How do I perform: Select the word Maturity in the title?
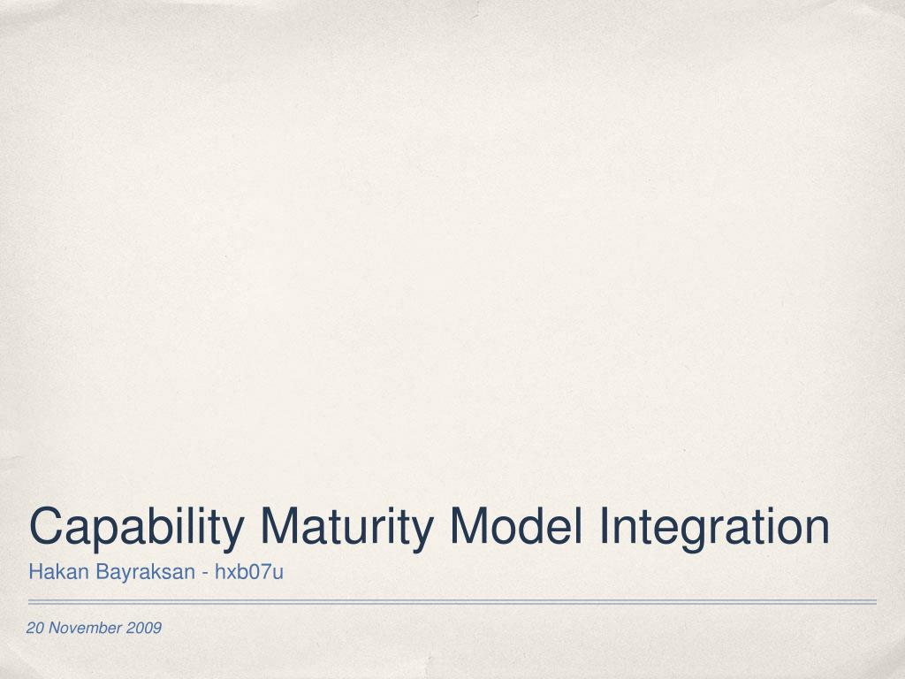click(346, 528)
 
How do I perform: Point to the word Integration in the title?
click(714, 528)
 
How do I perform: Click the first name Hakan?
click(50, 572)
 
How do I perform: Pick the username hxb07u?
click(249, 572)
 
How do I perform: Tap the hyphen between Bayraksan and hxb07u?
click(205, 574)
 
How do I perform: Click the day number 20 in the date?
click(35, 628)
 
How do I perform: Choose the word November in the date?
click(86, 628)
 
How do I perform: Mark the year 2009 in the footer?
click(144, 628)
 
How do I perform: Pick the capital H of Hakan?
click(34, 572)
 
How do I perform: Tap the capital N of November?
click(54, 628)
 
